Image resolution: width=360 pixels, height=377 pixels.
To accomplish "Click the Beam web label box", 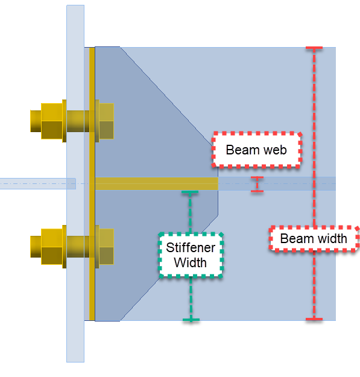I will [x=256, y=149].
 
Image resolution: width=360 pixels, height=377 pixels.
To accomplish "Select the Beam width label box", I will [x=314, y=238].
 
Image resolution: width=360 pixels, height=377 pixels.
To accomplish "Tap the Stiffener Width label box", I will [x=191, y=255].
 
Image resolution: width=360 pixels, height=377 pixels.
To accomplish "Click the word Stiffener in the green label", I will [x=191, y=248].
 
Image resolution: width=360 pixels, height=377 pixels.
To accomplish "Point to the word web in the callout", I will [x=273, y=149].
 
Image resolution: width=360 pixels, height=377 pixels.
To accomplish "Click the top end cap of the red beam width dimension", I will [x=314, y=48].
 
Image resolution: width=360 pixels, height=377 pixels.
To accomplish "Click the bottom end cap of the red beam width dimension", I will [x=314, y=318].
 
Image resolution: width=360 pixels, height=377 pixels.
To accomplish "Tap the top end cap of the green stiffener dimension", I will [x=191, y=192].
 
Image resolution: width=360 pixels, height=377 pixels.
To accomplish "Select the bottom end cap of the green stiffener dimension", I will [x=191, y=319].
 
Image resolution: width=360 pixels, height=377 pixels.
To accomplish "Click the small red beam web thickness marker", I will [x=257, y=185].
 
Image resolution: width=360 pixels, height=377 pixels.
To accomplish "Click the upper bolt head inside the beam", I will [x=106, y=121].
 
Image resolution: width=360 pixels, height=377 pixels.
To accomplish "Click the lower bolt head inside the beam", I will [x=106, y=246].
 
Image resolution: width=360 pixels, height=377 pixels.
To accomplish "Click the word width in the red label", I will [x=332, y=238].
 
